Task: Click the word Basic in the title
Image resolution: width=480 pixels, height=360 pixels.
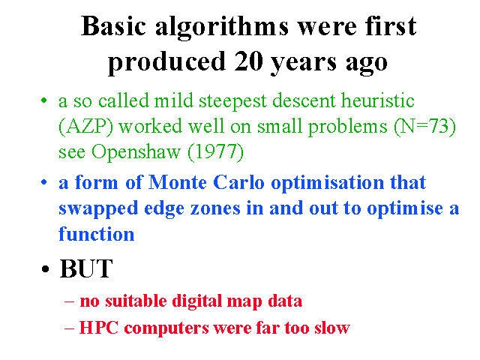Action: click(113, 26)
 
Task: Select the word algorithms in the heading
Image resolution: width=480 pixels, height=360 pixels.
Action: click(222, 29)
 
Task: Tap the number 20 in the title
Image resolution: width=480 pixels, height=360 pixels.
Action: click(248, 61)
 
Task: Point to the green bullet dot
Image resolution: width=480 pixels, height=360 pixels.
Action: click(44, 100)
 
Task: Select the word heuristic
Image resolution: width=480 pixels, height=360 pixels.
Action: click(378, 100)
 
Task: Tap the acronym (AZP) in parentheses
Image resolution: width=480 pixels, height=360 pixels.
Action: click(85, 127)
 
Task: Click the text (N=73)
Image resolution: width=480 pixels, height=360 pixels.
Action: click(424, 127)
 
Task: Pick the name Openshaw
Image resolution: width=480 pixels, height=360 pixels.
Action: click(136, 152)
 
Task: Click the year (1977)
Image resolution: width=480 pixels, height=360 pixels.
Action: click(215, 151)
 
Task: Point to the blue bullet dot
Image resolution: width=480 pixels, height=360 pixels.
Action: click(44, 182)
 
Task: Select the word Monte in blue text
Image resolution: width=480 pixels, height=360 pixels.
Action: click(178, 182)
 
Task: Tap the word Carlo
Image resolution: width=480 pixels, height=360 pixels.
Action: click(238, 182)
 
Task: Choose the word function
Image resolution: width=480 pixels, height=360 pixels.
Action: click(97, 234)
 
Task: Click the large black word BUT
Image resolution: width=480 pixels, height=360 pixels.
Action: click(86, 268)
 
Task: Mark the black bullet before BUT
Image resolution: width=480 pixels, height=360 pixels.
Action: click(45, 269)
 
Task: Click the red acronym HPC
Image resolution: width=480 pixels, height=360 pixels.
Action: click(99, 328)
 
